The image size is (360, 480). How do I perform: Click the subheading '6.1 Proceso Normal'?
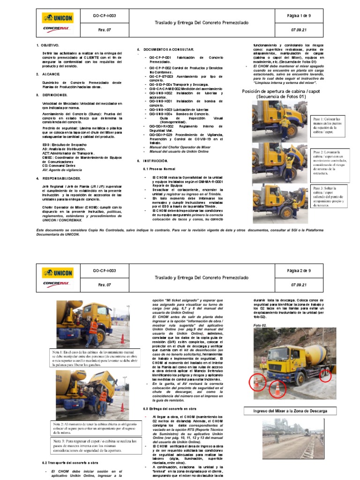click(159, 169)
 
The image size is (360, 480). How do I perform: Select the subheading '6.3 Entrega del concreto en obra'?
click(174, 408)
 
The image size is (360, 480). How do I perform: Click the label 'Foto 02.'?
click(260, 325)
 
